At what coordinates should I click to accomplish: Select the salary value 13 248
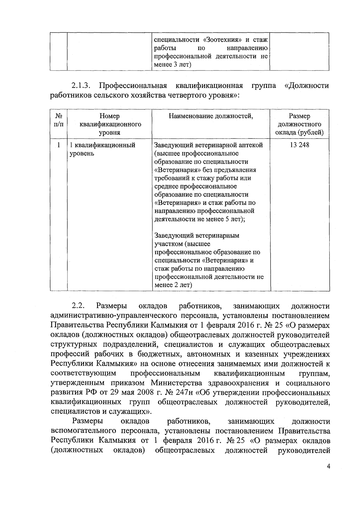299,145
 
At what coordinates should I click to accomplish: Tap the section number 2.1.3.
81,86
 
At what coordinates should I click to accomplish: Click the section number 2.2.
79,306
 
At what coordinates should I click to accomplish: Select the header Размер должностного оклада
299,124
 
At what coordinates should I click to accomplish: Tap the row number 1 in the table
58,145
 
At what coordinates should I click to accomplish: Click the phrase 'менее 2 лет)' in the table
172,285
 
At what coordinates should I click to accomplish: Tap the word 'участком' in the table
167,244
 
